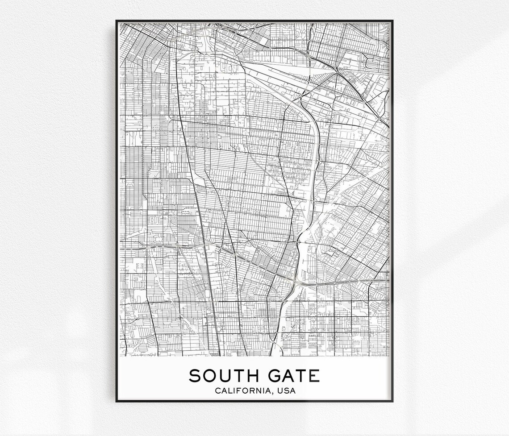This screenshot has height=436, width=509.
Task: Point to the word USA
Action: [x=286, y=391]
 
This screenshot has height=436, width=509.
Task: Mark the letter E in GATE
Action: [x=314, y=376]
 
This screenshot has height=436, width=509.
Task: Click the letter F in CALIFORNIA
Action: [x=238, y=391]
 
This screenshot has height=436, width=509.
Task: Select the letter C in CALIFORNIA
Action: [x=217, y=391]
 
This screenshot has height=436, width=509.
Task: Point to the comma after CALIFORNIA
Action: [x=273, y=393]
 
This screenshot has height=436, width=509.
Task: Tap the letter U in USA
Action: [x=280, y=391]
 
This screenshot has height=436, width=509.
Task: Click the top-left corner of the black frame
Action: [x=117, y=21]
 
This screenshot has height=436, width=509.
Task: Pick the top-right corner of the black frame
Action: [x=392, y=21]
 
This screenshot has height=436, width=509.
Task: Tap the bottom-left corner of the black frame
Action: [x=117, y=401]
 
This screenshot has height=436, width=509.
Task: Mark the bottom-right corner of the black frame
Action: [x=392, y=401]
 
